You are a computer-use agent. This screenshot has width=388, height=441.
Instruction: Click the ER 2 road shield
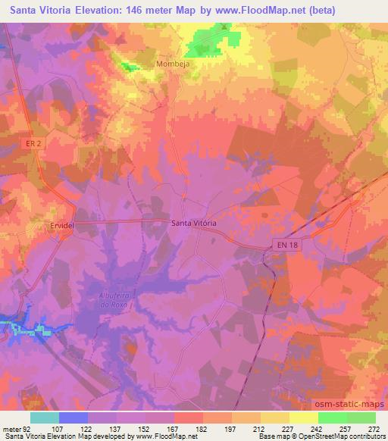click(42, 155)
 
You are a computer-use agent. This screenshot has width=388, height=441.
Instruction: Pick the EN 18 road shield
click(283, 244)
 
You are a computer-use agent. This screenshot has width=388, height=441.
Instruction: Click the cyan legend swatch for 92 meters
click(45, 418)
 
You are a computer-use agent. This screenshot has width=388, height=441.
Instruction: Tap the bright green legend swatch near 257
click(333, 418)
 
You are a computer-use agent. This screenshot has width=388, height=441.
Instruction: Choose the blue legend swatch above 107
click(74, 418)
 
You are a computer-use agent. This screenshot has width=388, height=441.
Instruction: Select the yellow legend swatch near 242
click(304, 418)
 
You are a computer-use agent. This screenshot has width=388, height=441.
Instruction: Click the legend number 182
click(202, 429)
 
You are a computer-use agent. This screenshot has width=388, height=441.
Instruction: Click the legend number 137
click(116, 429)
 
